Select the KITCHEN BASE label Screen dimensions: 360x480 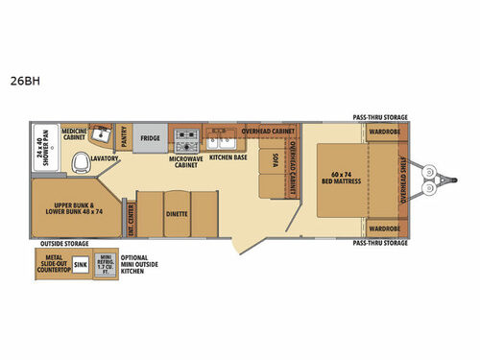pos(228,155)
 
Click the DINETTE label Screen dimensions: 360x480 pos(176,213)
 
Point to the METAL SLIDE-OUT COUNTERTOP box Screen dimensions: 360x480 pos(53,263)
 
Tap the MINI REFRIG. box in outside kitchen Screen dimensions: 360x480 pos(105,263)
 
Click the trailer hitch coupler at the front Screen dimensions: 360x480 pos(443,180)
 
